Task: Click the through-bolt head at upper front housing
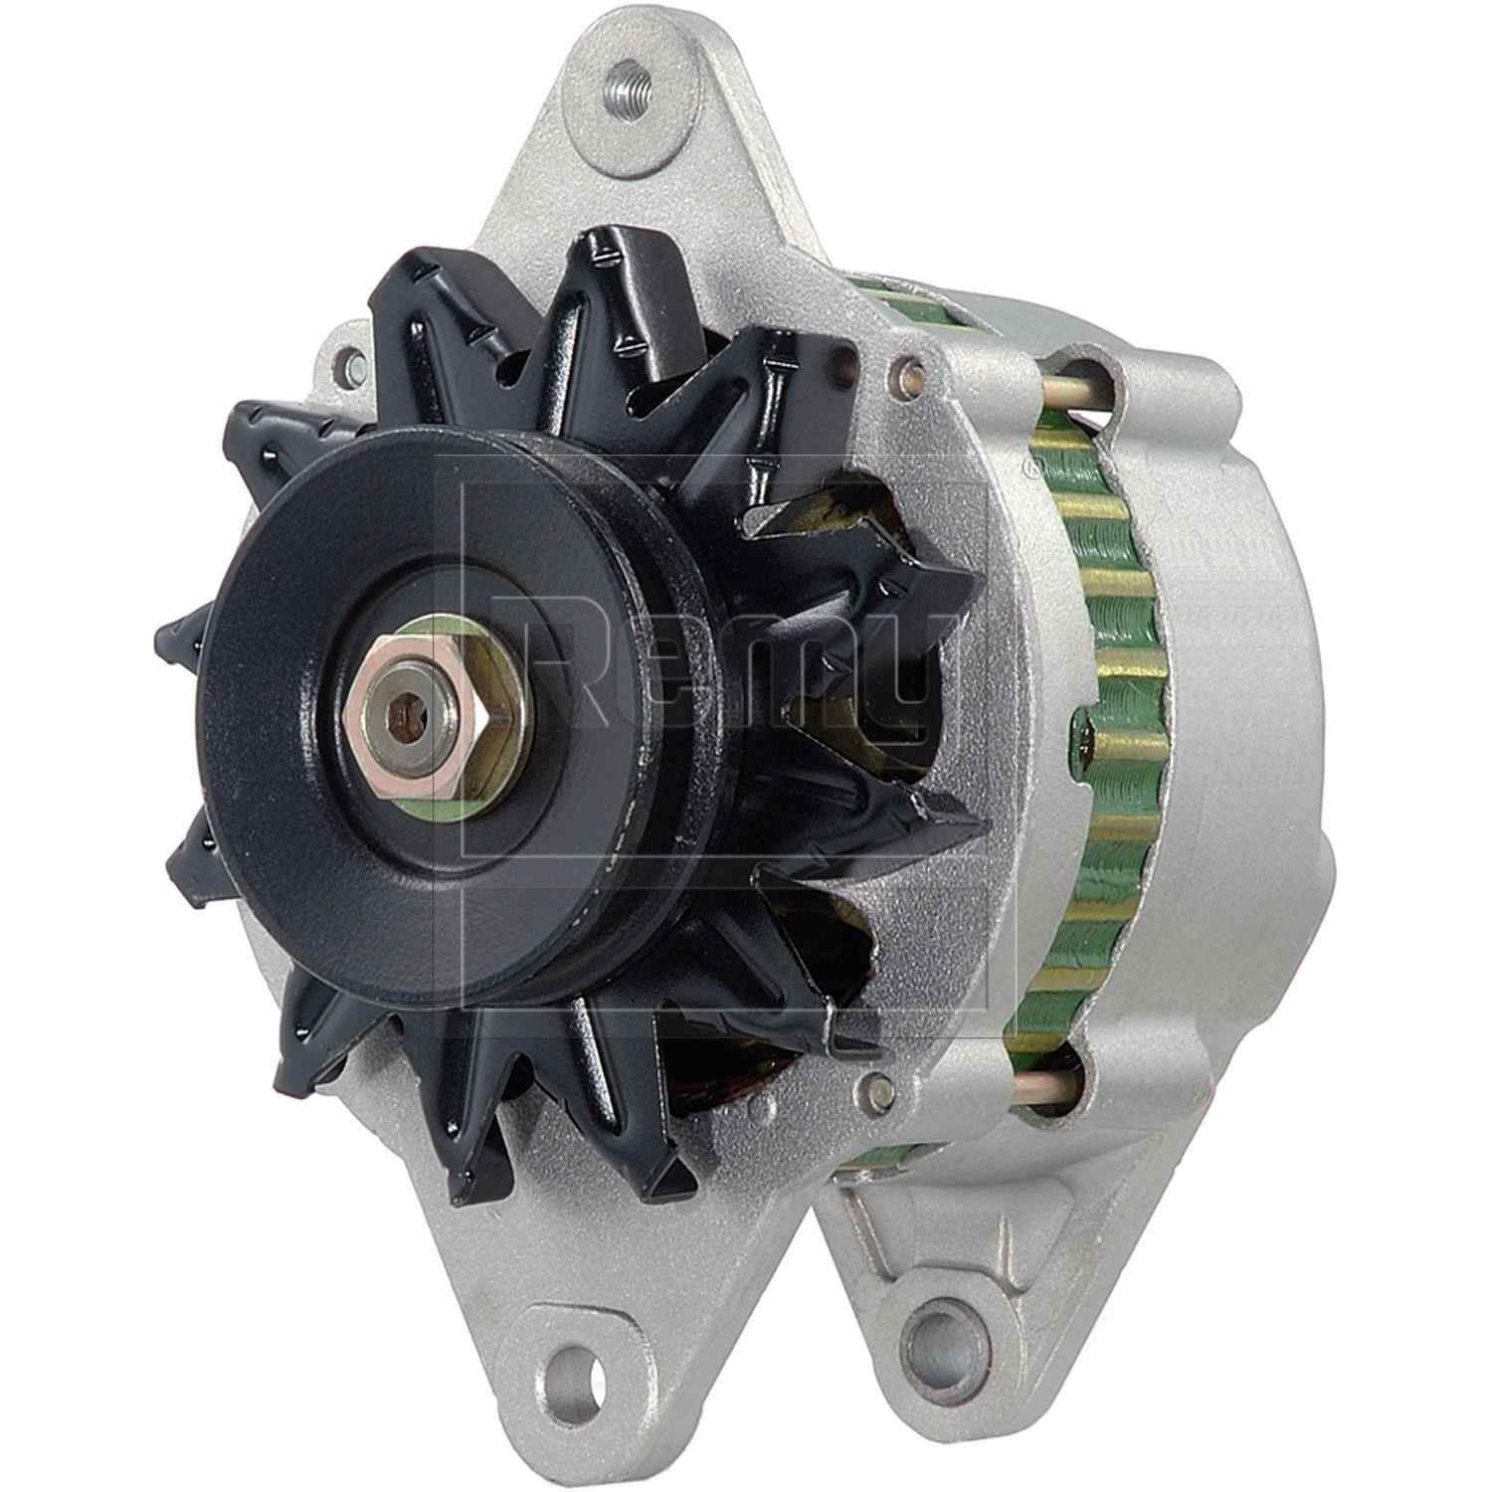[x=905, y=372]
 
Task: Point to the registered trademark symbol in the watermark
[x=1030, y=472]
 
